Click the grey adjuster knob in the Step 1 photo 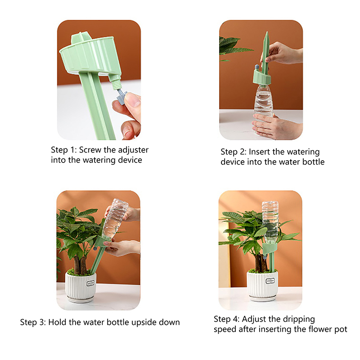click(122, 97)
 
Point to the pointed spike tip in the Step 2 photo click(267, 32)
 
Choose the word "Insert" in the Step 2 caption click(260, 152)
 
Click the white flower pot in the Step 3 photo click(81, 287)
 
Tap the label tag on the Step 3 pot click(91, 283)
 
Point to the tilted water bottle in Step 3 click(115, 220)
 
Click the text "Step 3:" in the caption click(33, 322)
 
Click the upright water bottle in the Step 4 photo click(270, 222)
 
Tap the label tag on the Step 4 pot click(270, 281)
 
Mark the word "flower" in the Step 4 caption click(319, 329)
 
